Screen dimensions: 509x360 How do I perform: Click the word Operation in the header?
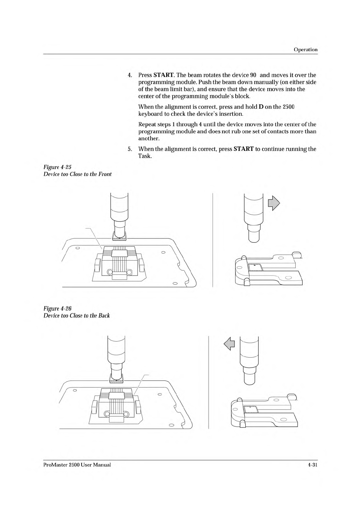[306, 50]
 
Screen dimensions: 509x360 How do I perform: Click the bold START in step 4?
[164, 75]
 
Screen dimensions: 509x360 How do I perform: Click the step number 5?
[130, 149]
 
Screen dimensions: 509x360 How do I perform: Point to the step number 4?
[130, 75]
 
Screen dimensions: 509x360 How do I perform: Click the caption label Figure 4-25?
[57, 167]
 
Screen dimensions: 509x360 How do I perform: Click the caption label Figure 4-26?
[57, 309]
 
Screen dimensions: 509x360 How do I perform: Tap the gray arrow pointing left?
[229, 344]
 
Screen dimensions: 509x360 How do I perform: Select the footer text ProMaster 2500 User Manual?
[77, 465]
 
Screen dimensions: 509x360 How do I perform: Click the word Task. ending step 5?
[145, 156]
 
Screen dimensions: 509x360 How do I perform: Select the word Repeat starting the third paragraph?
[147, 125]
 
